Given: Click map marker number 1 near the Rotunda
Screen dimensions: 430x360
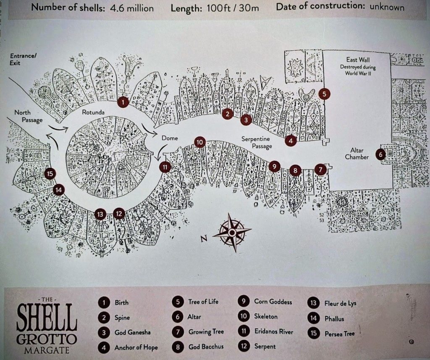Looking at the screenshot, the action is pos(123,102).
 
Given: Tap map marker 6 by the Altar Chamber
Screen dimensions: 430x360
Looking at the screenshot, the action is pos(380,154).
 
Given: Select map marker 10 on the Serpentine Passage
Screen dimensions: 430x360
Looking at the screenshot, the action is pos(199,142).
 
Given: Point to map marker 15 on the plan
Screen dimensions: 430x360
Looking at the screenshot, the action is pos(50,174).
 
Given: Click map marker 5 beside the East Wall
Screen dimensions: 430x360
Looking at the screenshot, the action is pos(325,94).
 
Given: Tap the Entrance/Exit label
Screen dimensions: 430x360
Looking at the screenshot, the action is pos(23,59).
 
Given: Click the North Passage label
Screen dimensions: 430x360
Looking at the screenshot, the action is pos(29,116).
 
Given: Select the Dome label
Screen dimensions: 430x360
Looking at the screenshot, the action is pos(170,138).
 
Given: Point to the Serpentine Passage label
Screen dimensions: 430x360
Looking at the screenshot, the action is pos(257,143).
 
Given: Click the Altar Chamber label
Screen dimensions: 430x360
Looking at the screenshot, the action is pos(357,154).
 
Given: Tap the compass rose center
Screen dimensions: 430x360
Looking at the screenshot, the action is pos(232,232).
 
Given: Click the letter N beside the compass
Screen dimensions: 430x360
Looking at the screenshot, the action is pos(204,239).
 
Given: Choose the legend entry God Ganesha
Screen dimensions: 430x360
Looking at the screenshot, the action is pos(133,332).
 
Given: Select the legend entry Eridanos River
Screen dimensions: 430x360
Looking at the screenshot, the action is pos(274,331).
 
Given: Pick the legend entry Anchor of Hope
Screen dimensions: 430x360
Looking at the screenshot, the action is pos(136,347).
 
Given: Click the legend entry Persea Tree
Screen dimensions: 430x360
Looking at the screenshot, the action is pos(340,334).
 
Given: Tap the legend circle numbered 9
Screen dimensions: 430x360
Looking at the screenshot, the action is pos(244,301).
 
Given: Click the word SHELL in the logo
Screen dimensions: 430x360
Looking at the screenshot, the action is pos(47,317).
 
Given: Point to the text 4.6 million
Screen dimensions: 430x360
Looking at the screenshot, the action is pos(131,8).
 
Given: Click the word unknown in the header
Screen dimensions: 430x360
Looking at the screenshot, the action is pos(387,7).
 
